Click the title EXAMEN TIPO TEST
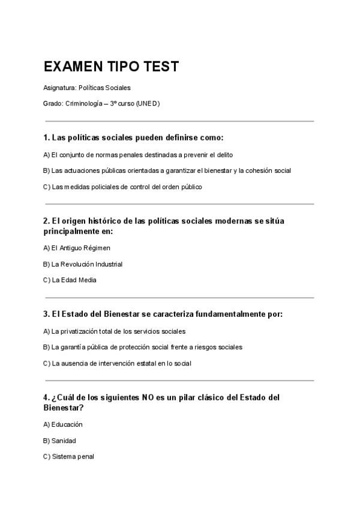tap(111, 67)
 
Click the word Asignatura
tap(60, 88)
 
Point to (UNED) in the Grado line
tap(148, 103)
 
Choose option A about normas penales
tap(138, 154)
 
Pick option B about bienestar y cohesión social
tap(167, 170)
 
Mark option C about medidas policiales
tap(122, 187)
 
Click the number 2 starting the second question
tap(46, 221)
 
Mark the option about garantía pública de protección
tap(143, 347)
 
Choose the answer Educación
tap(63, 424)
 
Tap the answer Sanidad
tap(59, 441)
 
